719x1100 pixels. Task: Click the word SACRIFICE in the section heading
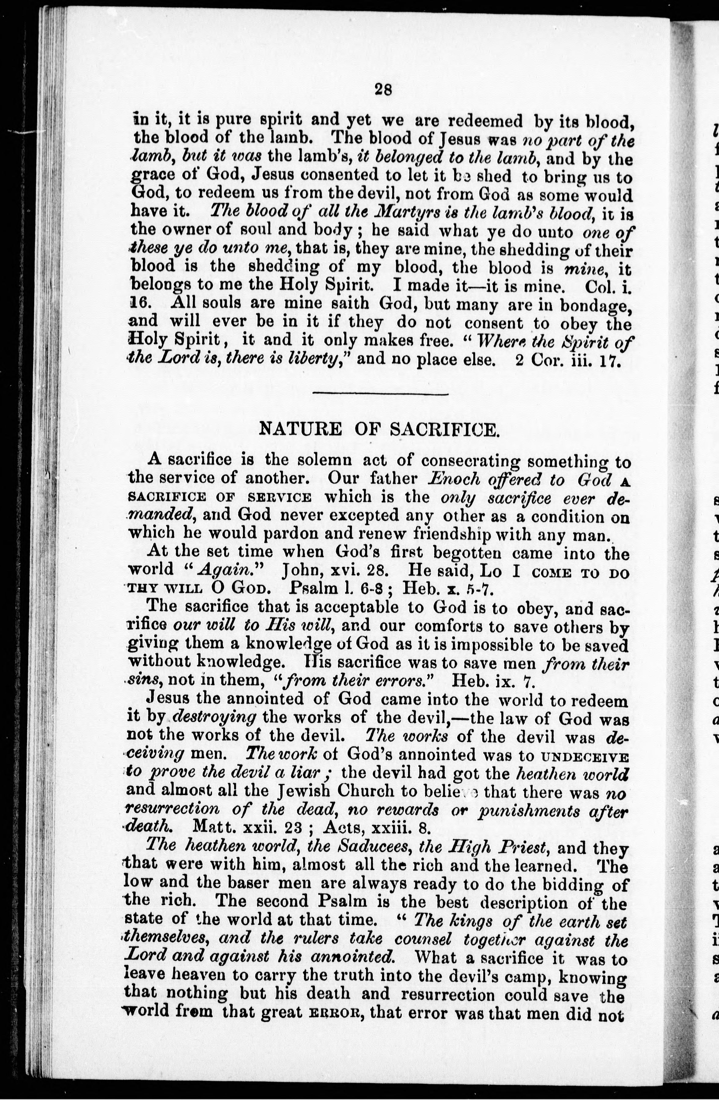[445, 430]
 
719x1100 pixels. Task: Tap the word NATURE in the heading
[301, 430]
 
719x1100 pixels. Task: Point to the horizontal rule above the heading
[380, 394]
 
